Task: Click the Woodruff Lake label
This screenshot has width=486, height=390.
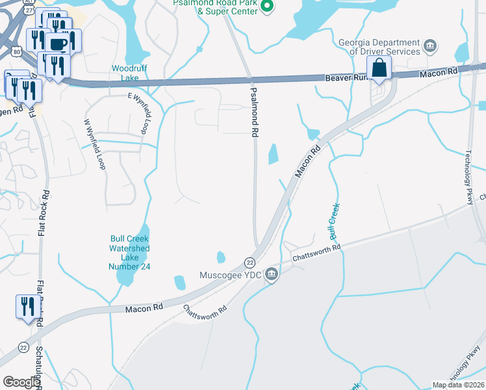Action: (x=126, y=73)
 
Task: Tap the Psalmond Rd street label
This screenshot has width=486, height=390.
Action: (x=254, y=112)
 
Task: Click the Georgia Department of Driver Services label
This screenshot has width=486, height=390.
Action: (x=379, y=47)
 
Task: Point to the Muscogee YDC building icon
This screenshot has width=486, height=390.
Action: (x=272, y=275)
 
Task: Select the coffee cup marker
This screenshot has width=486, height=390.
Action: (x=58, y=44)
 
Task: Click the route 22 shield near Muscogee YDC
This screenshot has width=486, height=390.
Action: (x=249, y=262)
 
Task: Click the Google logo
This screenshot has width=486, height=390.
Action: (x=21, y=382)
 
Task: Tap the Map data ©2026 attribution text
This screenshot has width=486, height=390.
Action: (x=458, y=385)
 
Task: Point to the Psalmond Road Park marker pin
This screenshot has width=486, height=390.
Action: (x=267, y=7)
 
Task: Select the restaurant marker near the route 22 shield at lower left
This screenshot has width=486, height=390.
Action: (x=27, y=307)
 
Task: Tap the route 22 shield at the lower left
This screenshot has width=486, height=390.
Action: (x=23, y=347)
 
